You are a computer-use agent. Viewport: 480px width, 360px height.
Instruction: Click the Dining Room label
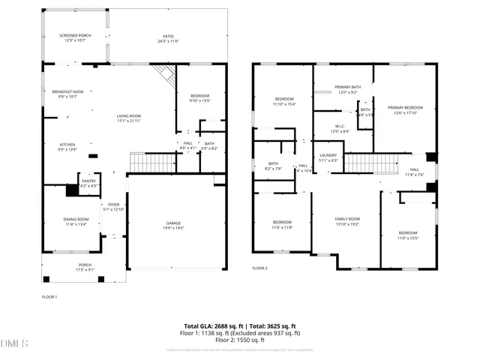point(76,220)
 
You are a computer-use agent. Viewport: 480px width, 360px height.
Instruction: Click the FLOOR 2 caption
point(259,268)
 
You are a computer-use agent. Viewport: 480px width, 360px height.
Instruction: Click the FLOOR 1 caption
point(49,296)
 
